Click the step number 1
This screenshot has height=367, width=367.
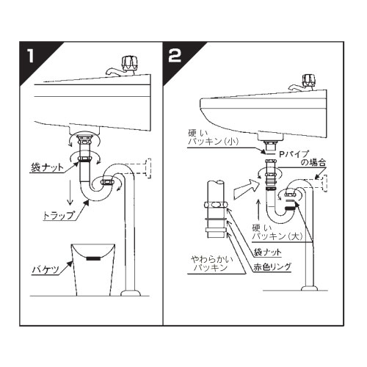[x=31, y=56]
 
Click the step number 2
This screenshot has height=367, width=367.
[x=175, y=56]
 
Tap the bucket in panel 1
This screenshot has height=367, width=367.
[x=92, y=269]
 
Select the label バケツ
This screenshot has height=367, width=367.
[x=46, y=270]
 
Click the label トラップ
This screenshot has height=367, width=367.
[x=58, y=216]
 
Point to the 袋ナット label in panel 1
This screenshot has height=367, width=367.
[x=47, y=167]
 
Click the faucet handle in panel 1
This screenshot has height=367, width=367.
[x=129, y=63]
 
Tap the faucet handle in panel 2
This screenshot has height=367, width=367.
[x=310, y=80]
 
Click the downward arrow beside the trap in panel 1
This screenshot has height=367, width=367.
[x=70, y=192]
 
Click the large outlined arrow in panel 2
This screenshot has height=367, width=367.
[x=247, y=188]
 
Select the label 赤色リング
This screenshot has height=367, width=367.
[x=272, y=267]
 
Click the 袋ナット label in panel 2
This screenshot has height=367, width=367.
[x=267, y=252]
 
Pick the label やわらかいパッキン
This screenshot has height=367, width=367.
[x=212, y=264]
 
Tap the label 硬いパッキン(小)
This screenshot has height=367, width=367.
[x=213, y=137]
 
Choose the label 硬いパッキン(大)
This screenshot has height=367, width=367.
[x=277, y=232]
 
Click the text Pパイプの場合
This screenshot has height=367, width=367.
[x=302, y=158]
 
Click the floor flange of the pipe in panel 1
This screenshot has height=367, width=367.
[x=131, y=293]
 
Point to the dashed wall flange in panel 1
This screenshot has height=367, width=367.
[x=148, y=168]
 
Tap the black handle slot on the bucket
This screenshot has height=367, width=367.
[x=93, y=258]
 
